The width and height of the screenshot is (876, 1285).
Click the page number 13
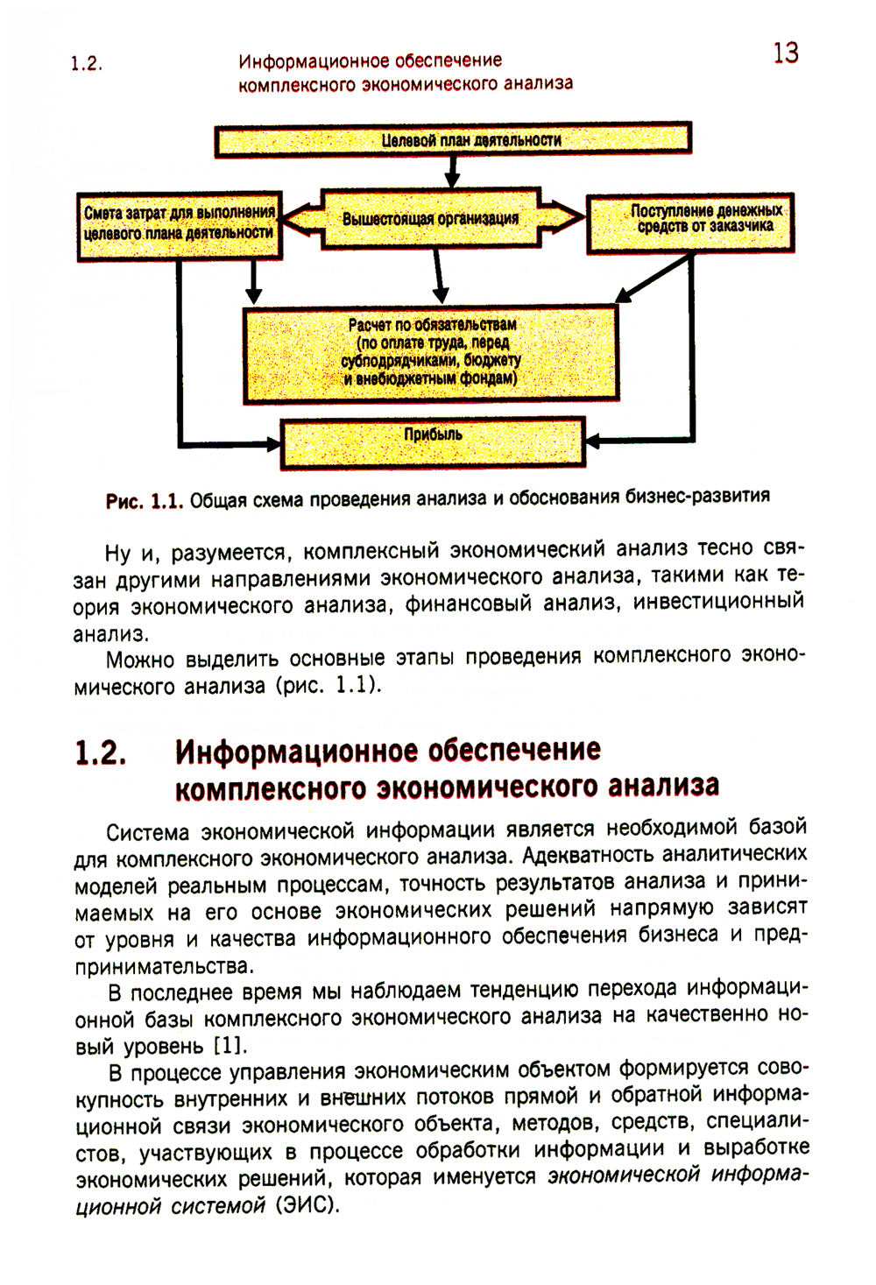point(786,53)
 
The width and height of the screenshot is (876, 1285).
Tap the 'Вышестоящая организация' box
point(430,218)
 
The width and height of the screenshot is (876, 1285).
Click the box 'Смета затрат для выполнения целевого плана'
point(180,225)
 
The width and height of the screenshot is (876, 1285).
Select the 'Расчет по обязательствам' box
point(430,352)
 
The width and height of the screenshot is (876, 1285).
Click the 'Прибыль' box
point(432,441)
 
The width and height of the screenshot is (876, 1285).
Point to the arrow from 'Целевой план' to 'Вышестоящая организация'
point(452,172)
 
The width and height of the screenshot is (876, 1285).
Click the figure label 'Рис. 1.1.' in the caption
point(144,502)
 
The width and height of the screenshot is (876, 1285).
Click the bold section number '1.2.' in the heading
point(101,753)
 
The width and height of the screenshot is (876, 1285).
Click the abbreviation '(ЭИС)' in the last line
point(307,1205)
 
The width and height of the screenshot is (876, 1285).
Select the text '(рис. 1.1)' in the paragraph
point(329,684)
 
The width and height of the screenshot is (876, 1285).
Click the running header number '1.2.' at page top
point(86,63)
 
